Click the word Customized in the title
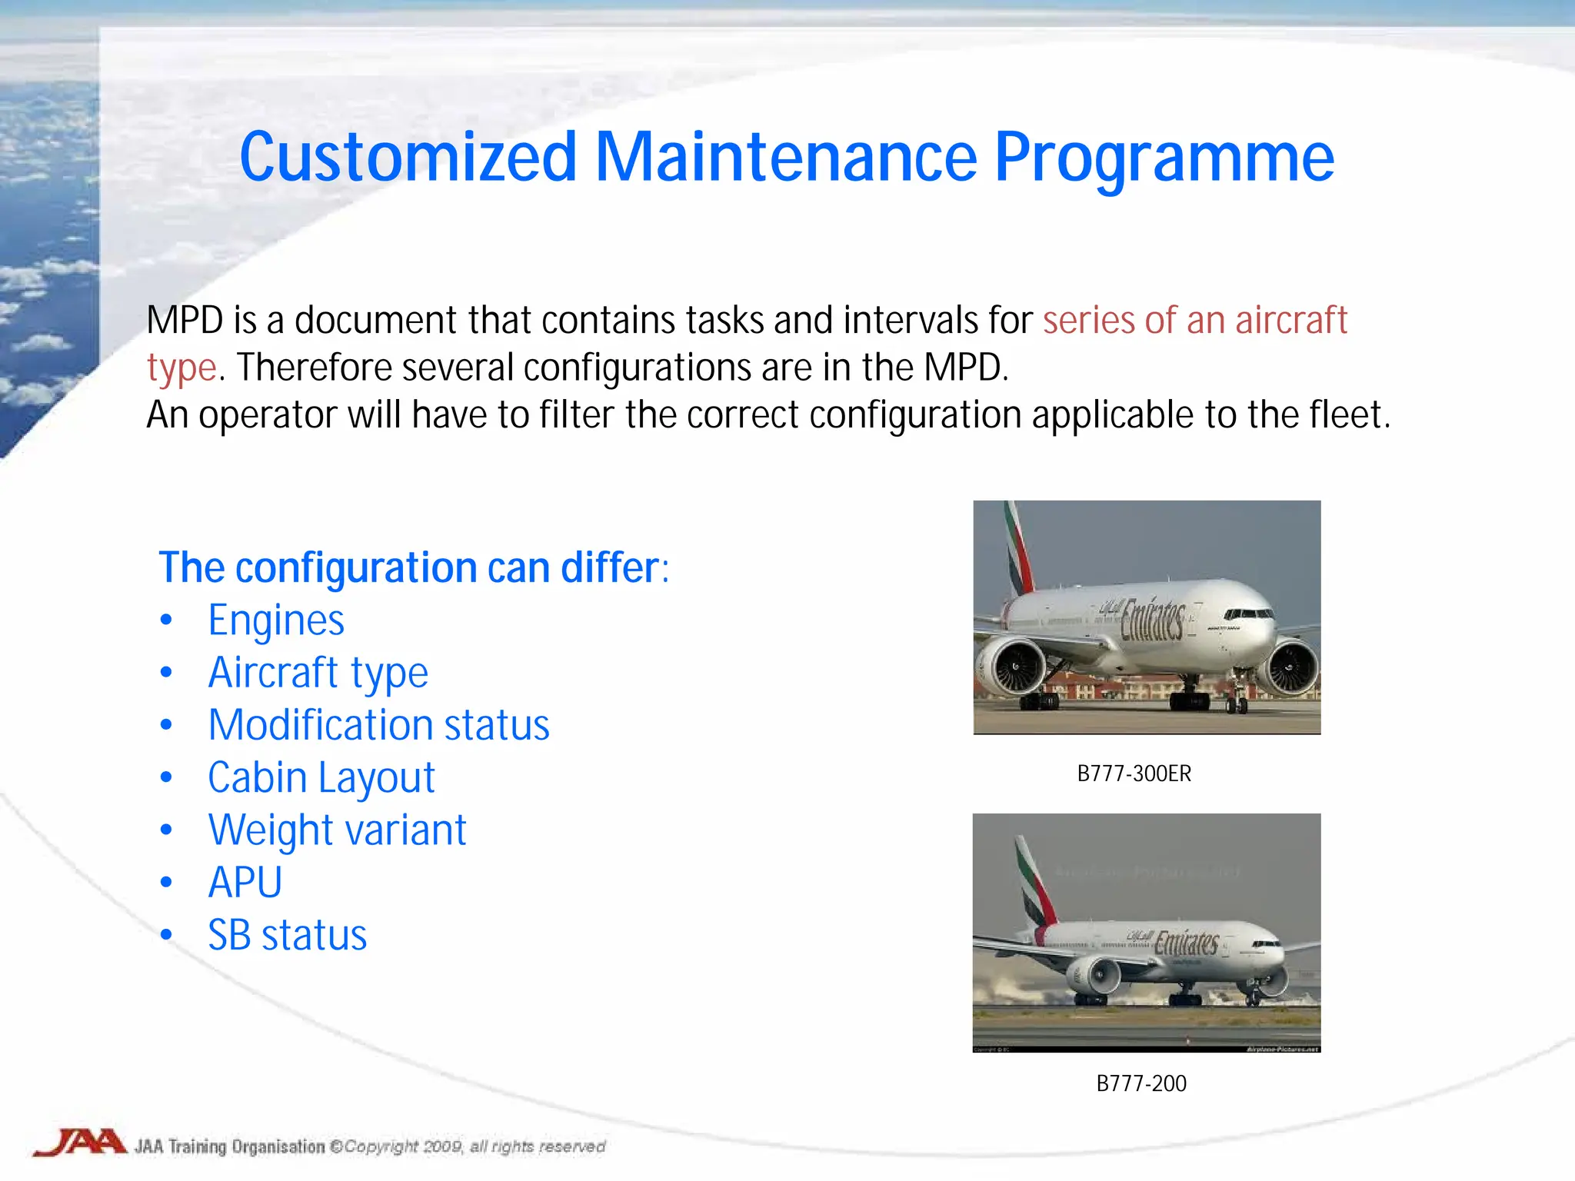tap(408, 158)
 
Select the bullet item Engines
tap(275, 620)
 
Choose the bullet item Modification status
tap(378, 725)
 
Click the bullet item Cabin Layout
tap(321, 777)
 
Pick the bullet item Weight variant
tap(337, 830)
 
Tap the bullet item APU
tap(245, 883)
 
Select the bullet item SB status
tap(287, 936)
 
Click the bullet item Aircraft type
tap(318, 673)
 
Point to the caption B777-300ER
tap(1134, 773)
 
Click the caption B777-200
tap(1140, 1083)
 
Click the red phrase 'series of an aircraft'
tap(1194, 320)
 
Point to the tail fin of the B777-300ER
tap(1020, 550)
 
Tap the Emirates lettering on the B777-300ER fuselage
tap(1152, 620)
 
